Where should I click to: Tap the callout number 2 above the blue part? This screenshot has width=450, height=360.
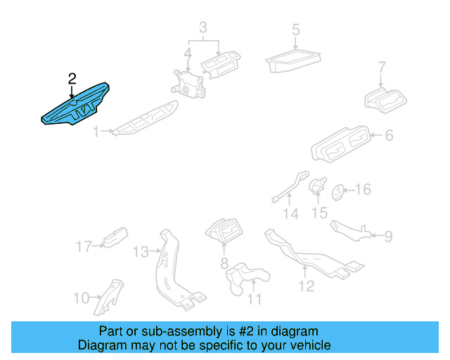click(x=72, y=79)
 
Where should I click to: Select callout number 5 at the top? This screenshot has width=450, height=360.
click(x=295, y=30)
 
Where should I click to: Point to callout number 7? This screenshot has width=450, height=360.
click(x=382, y=68)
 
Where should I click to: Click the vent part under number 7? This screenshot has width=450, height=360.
click(x=385, y=101)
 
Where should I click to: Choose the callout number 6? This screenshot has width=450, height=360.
click(x=389, y=136)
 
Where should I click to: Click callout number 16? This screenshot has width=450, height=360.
click(x=363, y=190)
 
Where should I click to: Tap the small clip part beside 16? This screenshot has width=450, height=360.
click(x=337, y=191)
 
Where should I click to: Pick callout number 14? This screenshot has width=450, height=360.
click(x=290, y=214)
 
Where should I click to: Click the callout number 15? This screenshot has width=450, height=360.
click(x=320, y=212)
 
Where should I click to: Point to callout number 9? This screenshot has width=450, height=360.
click(x=388, y=236)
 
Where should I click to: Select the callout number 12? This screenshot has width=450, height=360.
click(x=307, y=285)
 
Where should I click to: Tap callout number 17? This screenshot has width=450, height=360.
click(x=84, y=246)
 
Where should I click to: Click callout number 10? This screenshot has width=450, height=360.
click(x=81, y=298)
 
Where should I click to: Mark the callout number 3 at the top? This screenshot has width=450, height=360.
click(x=202, y=28)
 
